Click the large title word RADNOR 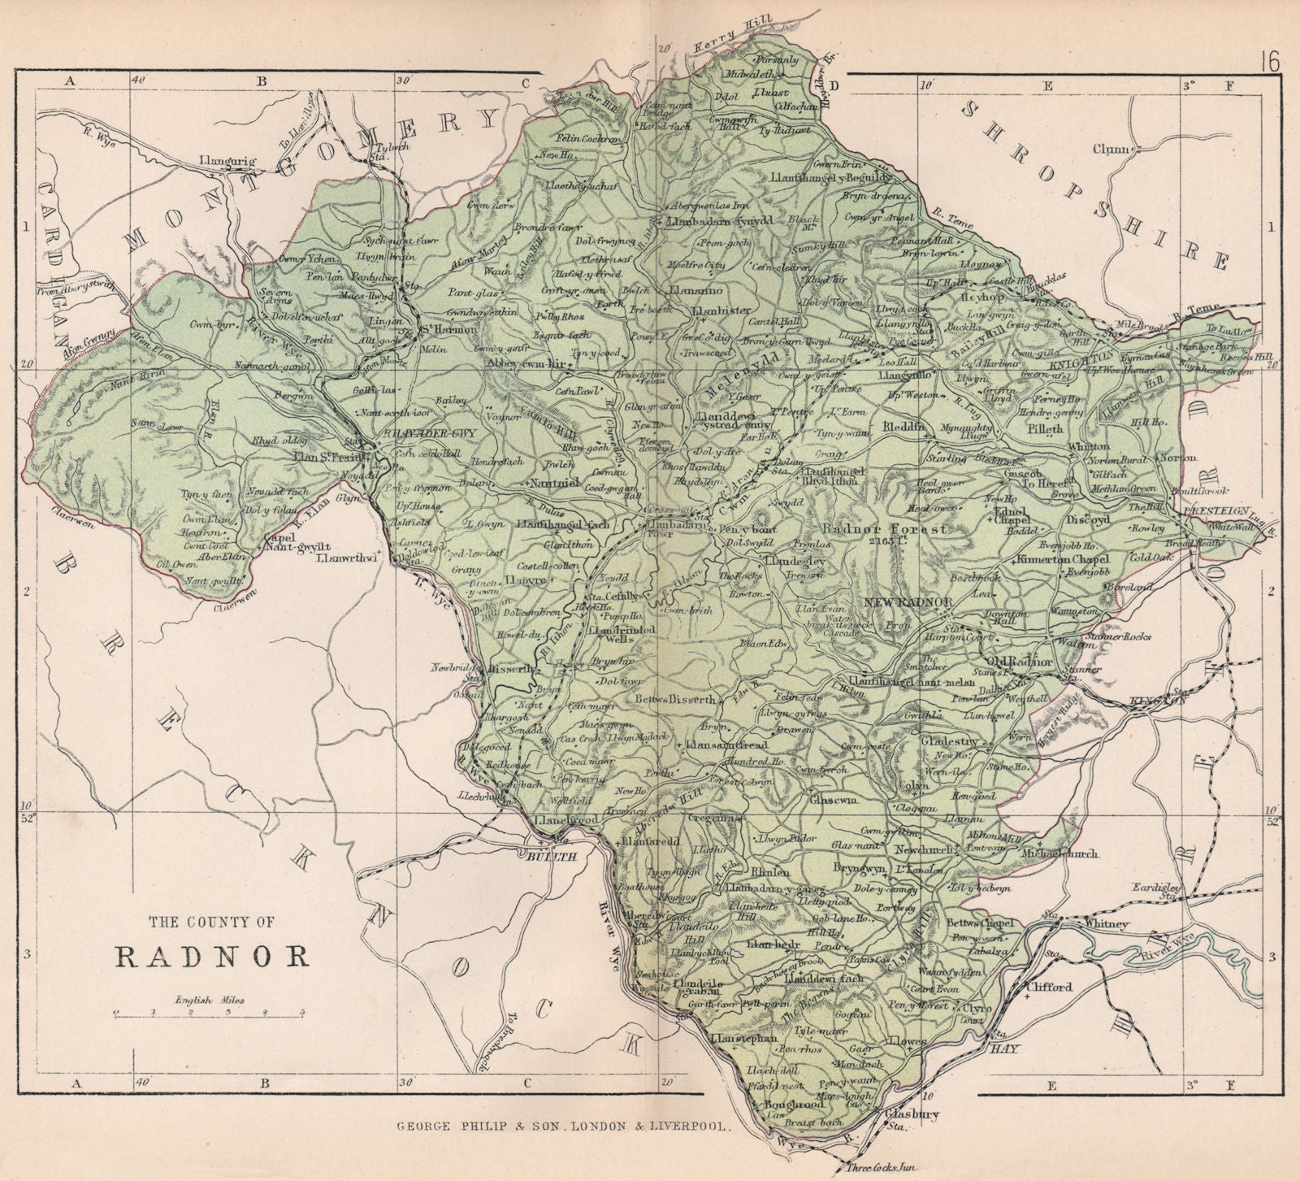[214, 955]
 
